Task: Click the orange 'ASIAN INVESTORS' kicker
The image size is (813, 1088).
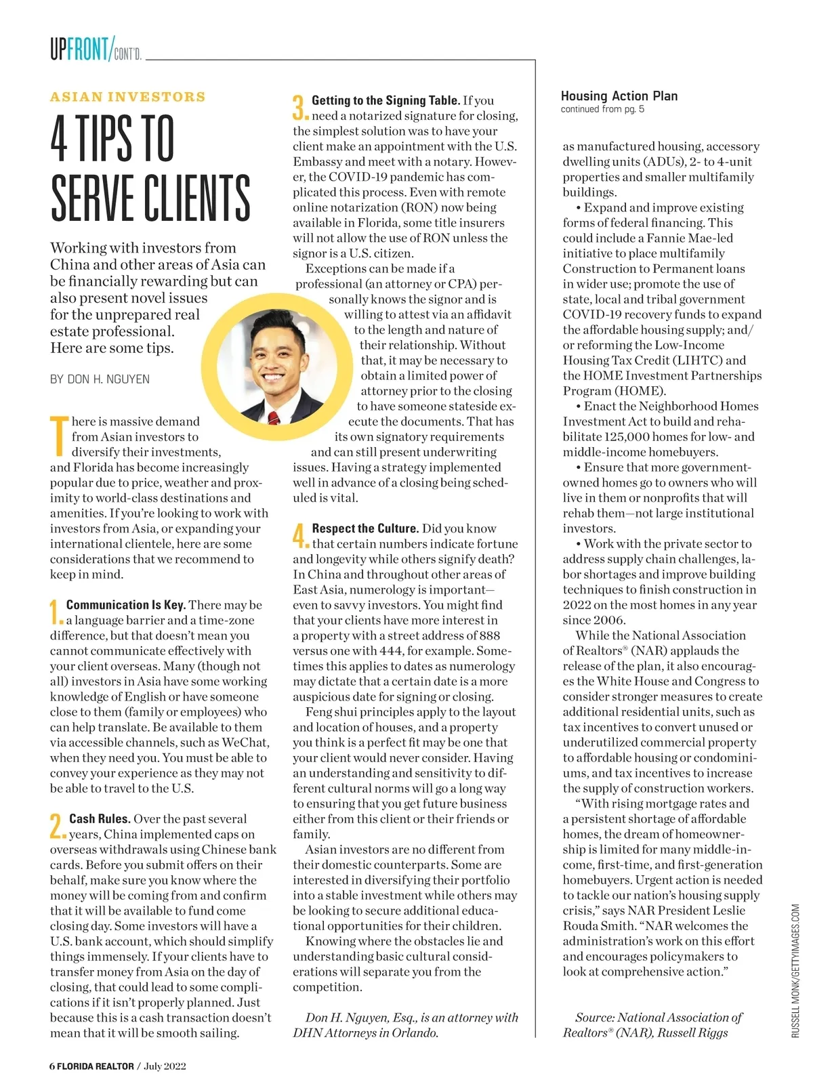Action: (x=127, y=97)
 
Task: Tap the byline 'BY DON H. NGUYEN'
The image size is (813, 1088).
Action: (x=100, y=379)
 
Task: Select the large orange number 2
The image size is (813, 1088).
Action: (x=57, y=827)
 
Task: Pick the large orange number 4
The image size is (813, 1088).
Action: (x=300, y=536)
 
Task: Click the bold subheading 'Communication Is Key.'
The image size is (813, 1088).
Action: (x=126, y=605)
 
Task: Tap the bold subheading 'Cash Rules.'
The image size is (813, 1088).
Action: (x=100, y=819)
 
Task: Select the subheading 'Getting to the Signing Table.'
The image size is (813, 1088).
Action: (x=385, y=100)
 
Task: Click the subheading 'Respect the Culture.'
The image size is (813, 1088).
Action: (x=365, y=528)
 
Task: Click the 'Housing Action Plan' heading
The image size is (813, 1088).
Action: (x=619, y=96)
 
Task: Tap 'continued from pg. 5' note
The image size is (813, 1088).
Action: (x=602, y=109)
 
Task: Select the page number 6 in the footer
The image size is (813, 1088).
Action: (x=52, y=1066)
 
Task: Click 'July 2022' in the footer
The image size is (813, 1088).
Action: (x=165, y=1066)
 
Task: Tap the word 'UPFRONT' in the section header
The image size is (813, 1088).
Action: (x=79, y=49)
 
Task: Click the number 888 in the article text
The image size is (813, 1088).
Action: (x=489, y=635)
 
